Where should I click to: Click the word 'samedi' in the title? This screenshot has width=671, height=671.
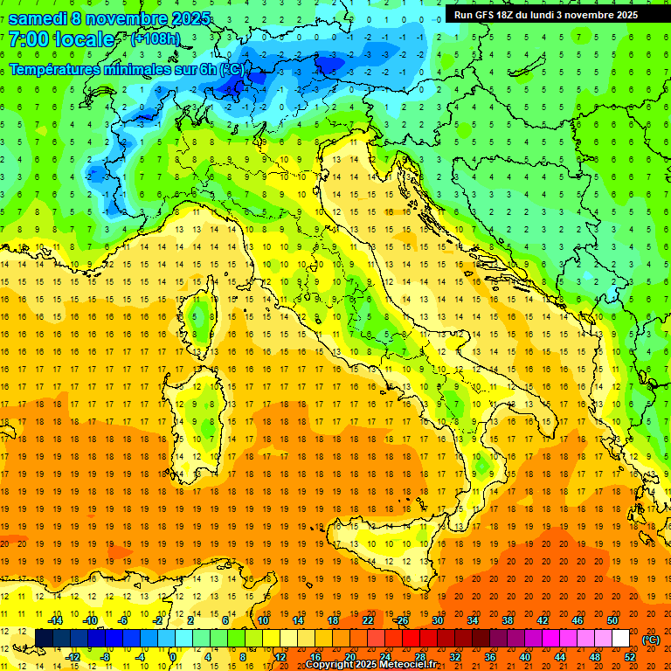tap(38, 18)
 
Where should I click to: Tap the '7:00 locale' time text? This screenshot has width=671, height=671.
tap(61, 40)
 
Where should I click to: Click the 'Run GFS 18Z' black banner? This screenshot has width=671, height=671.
tap(545, 15)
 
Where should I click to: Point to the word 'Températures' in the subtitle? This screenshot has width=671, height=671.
tap(54, 69)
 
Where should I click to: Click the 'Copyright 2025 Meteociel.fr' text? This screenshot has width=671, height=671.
tap(377, 664)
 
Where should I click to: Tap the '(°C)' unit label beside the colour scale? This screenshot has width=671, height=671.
tap(650, 640)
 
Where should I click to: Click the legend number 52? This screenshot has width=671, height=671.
tap(631, 657)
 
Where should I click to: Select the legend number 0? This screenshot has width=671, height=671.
tap(173, 657)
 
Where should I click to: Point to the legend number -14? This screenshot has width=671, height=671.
tap(56, 620)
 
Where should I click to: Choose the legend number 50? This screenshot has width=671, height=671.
tap(612, 620)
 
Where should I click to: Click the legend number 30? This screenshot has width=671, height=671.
tap(437, 620)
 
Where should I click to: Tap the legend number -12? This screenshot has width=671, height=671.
tap(73, 657)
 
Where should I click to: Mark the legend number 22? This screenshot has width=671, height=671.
tap(367, 620)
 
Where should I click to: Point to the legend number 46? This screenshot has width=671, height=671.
tap(578, 620)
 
